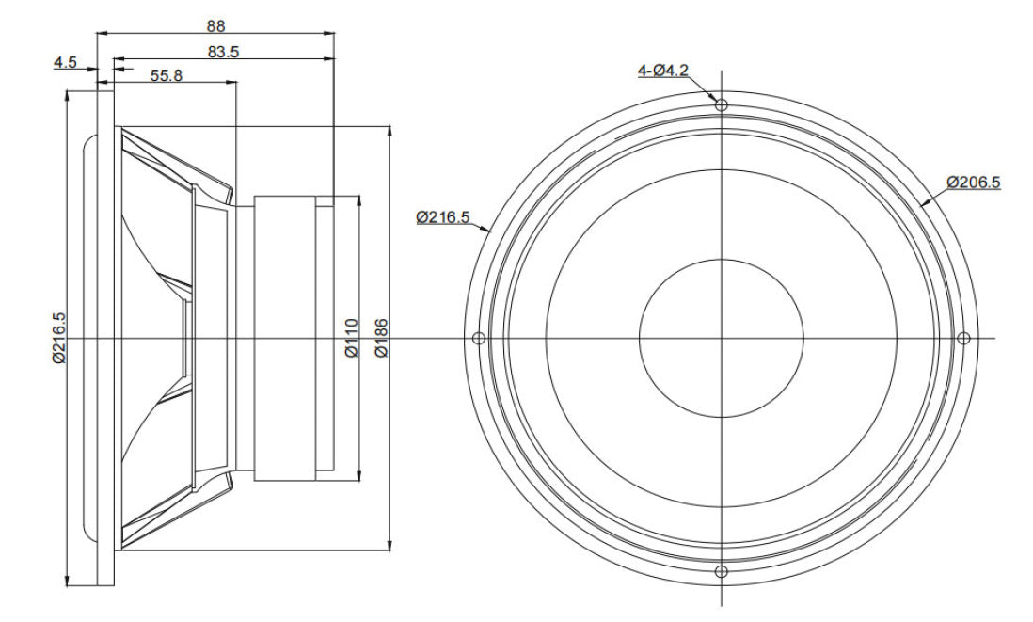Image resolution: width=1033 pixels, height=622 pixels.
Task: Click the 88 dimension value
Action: coord(215,26)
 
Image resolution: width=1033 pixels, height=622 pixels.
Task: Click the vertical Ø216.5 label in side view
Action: coord(59,337)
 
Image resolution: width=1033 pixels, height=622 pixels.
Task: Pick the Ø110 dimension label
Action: coord(351,338)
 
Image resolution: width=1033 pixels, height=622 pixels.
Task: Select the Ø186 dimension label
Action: coord(381,338)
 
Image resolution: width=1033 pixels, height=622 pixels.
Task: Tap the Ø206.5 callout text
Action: coord(973,181)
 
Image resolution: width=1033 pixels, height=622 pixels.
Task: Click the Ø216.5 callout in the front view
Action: coord(442,217)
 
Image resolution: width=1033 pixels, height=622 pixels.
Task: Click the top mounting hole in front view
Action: coord(722,104)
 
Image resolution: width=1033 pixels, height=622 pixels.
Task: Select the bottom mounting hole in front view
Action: coord(722,571)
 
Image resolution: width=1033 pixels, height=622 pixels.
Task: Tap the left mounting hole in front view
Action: coord(478,338)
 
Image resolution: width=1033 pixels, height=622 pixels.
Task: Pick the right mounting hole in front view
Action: coord(962,338)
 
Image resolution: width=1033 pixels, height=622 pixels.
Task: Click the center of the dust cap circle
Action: coord(722,338)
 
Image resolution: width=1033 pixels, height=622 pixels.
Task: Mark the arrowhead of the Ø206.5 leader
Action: coord(923,202)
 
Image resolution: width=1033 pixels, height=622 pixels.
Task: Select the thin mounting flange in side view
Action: coord(105,338)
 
